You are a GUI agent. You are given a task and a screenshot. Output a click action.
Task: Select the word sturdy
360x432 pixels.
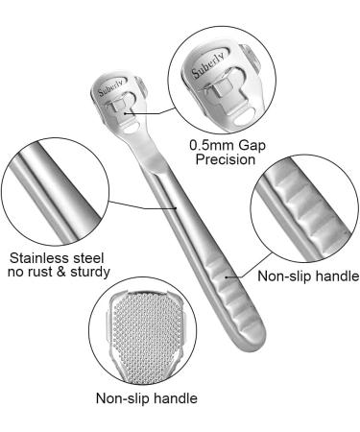99,274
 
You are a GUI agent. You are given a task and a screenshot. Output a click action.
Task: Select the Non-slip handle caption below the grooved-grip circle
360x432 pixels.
305,276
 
